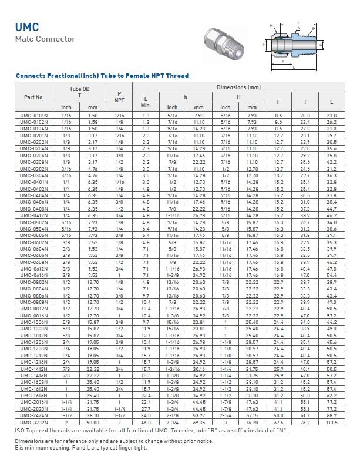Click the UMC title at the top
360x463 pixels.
tap(27, 27)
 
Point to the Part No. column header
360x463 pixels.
tap(34, 97)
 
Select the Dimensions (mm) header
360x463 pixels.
tap(238, 87)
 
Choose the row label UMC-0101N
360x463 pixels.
tap(34, 116)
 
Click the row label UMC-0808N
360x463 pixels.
tap(34, 302)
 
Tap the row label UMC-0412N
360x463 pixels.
tap(34, 215)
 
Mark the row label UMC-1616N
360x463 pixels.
tap(34, 413)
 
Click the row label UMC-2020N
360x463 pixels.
tap(34, 425)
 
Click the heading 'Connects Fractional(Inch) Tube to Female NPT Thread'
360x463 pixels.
tap(102, 76)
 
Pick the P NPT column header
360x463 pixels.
tap(119, 97)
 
